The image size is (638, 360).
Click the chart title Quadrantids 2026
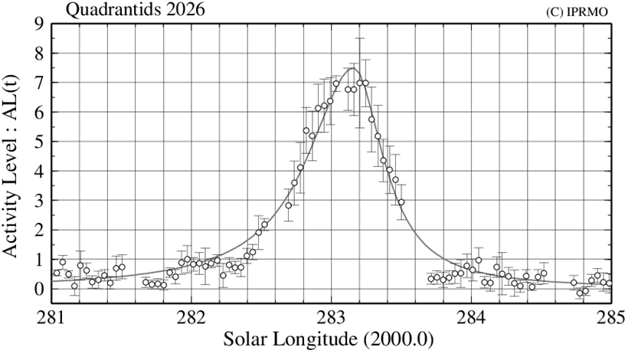click(134, 10)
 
